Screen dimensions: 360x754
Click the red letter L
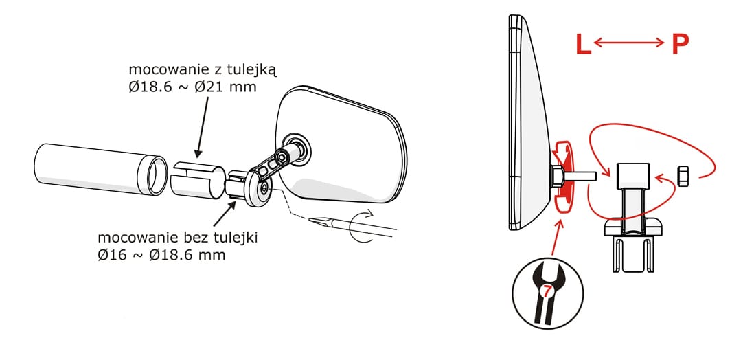[x=582, y=45]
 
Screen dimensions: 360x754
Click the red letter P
[x=679, y=45]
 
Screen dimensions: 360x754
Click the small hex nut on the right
[x=683, y=176]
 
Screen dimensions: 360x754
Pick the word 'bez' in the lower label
[x=171, y=238]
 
